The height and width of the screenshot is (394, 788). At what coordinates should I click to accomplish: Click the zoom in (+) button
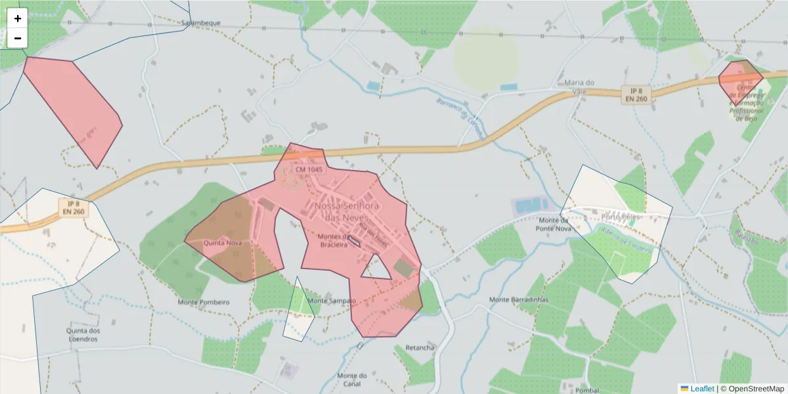coord(18,18)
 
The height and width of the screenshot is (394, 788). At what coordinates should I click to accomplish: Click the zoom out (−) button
coord(18,38)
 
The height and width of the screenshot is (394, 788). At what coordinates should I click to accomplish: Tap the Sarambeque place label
coord(201,22)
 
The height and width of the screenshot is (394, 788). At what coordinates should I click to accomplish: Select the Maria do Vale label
coord(579,87)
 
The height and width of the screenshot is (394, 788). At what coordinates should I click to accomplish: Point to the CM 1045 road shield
coord(309,169)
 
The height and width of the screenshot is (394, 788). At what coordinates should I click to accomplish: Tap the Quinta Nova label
coord(223,242)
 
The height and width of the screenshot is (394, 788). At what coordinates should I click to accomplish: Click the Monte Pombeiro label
coord(204,302)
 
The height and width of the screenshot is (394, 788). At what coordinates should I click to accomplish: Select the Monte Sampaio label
coord(331,301)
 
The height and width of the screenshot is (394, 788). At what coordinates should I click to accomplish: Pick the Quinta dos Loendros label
coord(83,335)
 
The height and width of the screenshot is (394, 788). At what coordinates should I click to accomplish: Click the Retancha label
coord(420,347)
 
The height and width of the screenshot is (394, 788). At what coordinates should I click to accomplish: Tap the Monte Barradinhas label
coord(519,300)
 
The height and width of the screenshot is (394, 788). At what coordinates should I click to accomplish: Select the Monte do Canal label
coord(352,380)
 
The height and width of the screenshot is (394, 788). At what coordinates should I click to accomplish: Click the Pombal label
coord(587,390)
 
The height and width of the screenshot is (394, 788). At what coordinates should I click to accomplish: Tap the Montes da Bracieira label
coord(337,240)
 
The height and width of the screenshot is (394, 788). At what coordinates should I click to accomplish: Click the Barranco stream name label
coord(459,117)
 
